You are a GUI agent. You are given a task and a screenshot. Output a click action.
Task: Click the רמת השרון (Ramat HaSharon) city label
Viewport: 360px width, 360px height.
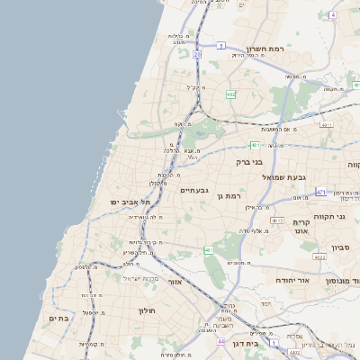[x=264, y=49]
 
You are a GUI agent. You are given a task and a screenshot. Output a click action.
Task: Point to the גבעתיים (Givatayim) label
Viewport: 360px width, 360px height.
[x=194, y=191]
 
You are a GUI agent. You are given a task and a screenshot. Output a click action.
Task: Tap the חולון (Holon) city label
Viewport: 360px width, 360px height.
[x=148, y=310]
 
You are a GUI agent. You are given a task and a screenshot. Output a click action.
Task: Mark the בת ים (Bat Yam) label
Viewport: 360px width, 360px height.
[x=58, y=318]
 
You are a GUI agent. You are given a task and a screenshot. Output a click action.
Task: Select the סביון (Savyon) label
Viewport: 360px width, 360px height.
[x=340, y=247]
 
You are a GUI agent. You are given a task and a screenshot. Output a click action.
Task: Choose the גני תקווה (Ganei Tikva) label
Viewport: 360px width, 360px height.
[x=345, y=217]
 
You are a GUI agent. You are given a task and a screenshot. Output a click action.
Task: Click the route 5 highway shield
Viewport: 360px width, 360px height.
[x=220, y=45]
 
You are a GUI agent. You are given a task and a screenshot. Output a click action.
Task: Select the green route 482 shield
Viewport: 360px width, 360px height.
[x=231, y=94]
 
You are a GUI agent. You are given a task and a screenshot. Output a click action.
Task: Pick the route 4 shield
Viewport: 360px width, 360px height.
[x=332, y=15]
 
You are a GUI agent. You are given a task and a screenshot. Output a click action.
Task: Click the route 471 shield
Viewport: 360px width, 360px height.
[x=321, y=192]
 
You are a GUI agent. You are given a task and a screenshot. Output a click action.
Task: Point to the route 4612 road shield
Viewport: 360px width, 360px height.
[x=277, y=220]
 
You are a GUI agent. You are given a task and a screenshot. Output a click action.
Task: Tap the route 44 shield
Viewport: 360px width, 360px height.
[x=220, y=342]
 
